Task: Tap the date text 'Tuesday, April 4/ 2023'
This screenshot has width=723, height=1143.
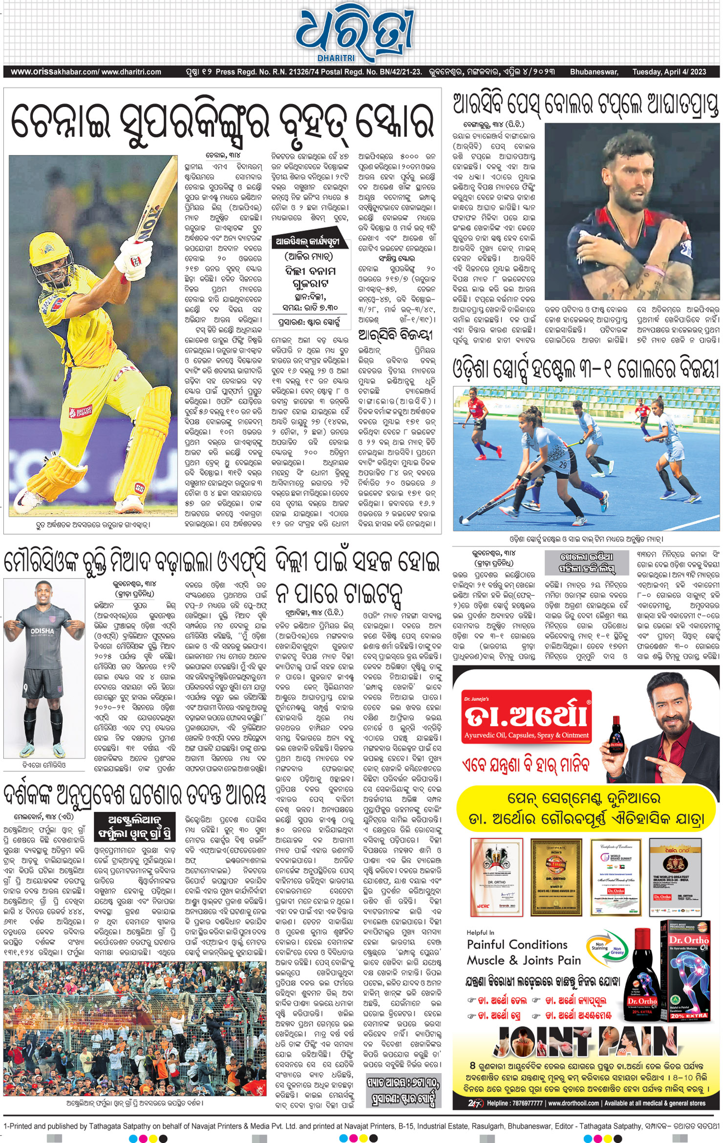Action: (x=669, y=72)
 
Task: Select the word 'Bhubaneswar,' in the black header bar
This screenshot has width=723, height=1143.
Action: (x=594, y=72)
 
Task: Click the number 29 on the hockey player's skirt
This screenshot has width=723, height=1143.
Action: (x=563, y=465)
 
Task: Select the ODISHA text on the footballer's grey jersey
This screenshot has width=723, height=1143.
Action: (x=43, y=630)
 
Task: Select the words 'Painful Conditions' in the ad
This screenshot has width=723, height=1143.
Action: (x=517, y=944)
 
